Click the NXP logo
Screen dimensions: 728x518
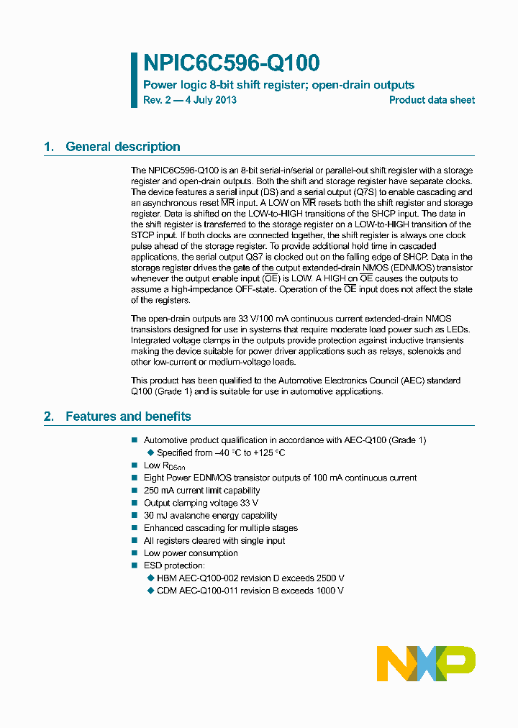click(x=426, y=663)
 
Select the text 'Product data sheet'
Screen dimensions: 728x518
click(x=432, y=100)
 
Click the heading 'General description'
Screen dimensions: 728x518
click(x=122, y=147)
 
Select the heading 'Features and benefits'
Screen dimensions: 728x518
click(x=128, y=417)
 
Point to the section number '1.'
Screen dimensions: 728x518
click(x=49, y=147)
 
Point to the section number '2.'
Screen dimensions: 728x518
click(x=49, y=417)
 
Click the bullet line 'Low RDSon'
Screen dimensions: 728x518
click(x=164, y=465)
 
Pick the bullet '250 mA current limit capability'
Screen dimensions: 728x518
click(x=201, y=491)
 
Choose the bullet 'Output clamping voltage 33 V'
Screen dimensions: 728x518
click(x=201, y=503)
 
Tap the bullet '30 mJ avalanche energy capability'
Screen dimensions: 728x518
click(x=210, y=516)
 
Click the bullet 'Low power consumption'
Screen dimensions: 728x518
click(x=191, y=553)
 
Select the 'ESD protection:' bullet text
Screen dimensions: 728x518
click(x=174, y=565)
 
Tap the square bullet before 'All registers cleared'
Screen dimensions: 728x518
click(x=134, y=541)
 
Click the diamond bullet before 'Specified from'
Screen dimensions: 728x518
click(x=150, y=453)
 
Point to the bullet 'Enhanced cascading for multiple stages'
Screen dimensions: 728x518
click(x=220, y=528)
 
